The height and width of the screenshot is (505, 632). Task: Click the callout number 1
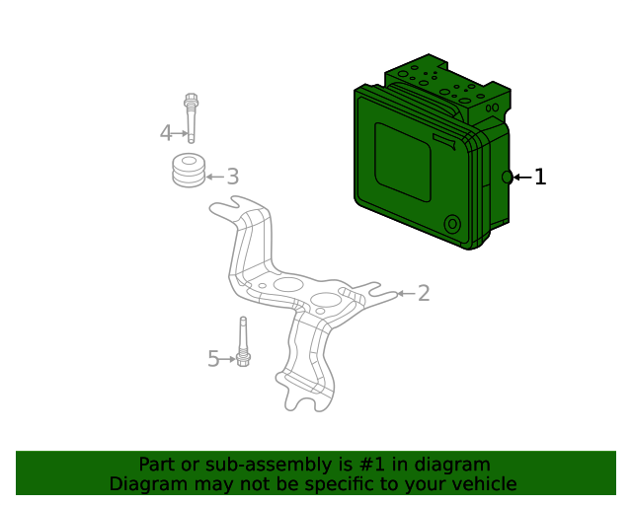(x=539, y=178)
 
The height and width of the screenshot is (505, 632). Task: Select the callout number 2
(x=424, y=293)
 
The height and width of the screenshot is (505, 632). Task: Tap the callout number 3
(x=232, y=178)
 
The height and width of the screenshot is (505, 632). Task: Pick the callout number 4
(x=166, y=132)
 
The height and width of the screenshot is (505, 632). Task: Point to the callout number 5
(x=212, y=359)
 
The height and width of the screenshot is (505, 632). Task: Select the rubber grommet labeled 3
(x=189, y=170)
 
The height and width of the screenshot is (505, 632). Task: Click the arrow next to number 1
(x=521, y=178)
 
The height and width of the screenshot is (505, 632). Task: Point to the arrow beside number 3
(x=214, y=178)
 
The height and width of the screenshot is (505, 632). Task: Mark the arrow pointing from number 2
(x=405, y=293)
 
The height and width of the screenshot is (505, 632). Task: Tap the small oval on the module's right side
(x=507, y=177)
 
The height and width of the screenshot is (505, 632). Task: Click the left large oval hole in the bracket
(x=288, y=284)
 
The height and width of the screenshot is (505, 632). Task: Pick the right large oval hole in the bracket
(x=326, y=299)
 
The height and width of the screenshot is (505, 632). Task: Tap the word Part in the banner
(x=157, y=465)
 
